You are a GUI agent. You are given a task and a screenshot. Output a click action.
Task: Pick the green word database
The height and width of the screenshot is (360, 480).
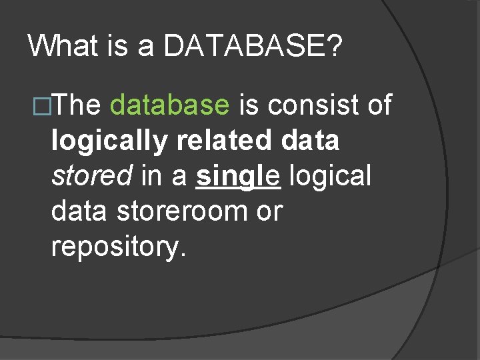pos(170,105)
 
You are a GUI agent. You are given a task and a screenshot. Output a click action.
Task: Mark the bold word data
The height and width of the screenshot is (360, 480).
pos(311,141)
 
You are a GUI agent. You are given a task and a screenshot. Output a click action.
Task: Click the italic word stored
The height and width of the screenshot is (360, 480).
pos(92,176)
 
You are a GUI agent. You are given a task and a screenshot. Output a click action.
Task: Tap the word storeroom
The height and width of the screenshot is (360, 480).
pos(181,211)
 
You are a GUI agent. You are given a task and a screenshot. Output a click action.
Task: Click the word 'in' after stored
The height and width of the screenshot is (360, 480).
pos(151,176)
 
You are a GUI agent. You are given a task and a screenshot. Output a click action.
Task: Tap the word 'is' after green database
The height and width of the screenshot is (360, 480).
pos(249,105)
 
